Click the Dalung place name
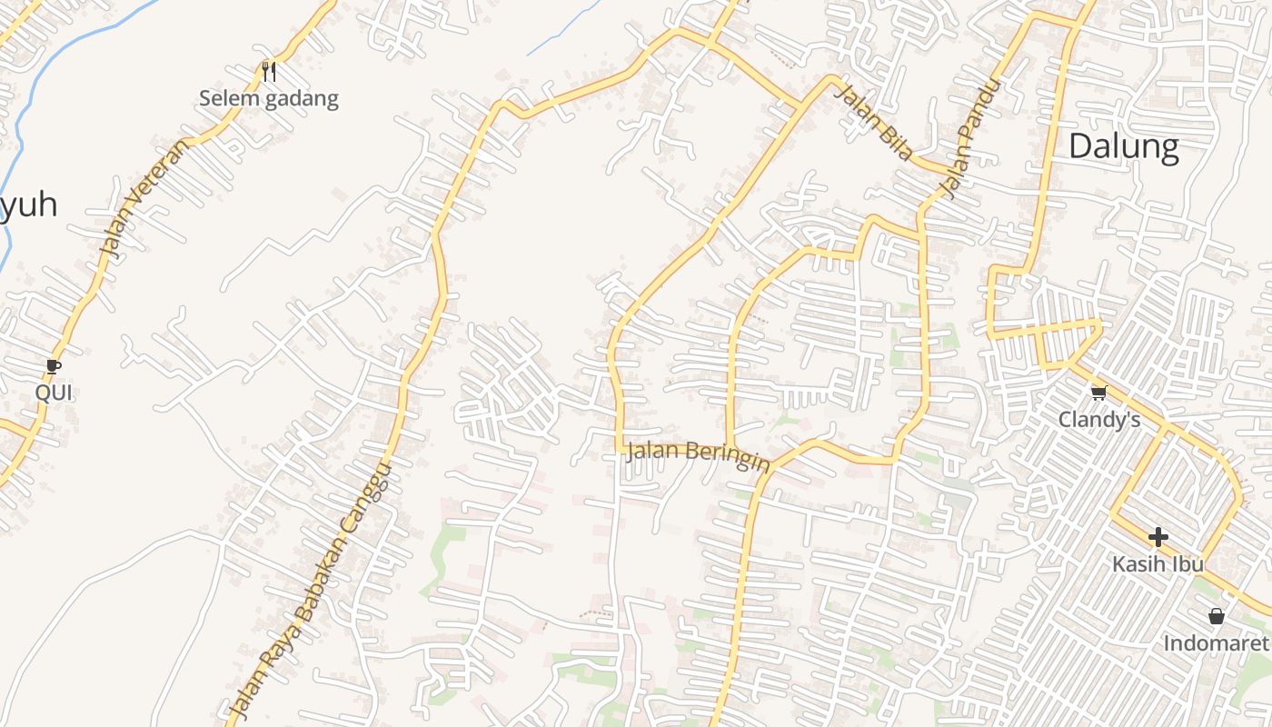(x=1123, y=145)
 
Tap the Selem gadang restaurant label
(x=268, y=99)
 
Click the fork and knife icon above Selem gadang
(x=268, y=71)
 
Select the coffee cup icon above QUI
(x=54, y=366)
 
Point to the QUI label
(x=54, y=393)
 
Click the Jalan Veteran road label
(x=142, y=196)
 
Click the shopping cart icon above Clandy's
(x=1098, y=393)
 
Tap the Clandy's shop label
(x=1098, y=419)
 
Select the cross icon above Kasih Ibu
(x=1158, y=536)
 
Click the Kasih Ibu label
(x=1158, y=563)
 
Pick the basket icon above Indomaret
(x=1217, y=616)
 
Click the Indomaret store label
(x=1216, y=643)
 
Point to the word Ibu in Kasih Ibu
(x=1187, y=563)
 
